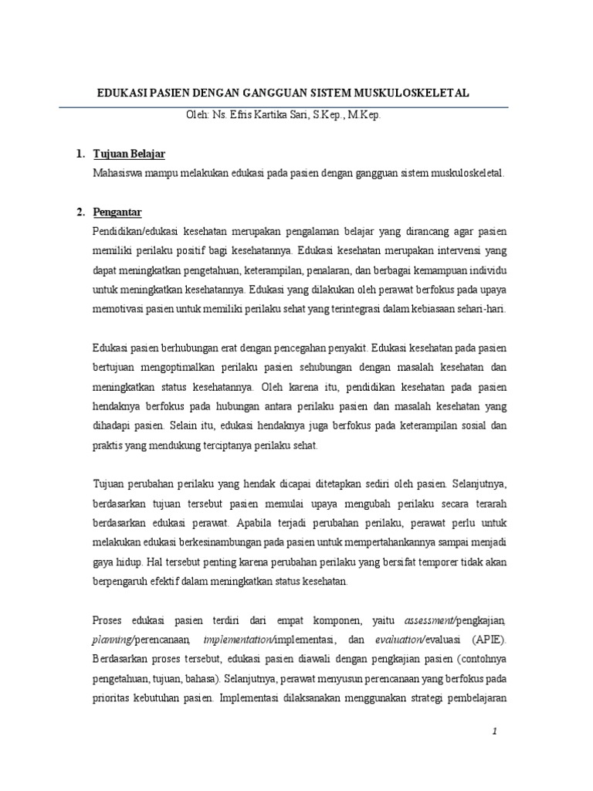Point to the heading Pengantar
tap(117, 212)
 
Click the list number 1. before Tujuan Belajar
tap(80, 154)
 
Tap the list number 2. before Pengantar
tap(80, 212)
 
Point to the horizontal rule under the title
tap(293, 106)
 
